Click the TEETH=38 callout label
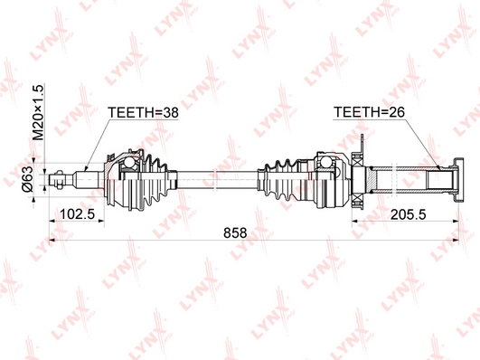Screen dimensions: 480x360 (143, 112)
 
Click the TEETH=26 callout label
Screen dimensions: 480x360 (369, 112)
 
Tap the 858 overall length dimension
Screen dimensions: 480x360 (235, 232)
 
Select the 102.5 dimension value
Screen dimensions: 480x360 (77, 214)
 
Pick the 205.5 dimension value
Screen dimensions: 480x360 (409, 214)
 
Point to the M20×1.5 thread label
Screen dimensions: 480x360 (39, 113)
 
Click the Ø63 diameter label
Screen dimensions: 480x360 (27, 179)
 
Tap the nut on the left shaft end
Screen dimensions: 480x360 (59, 179)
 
